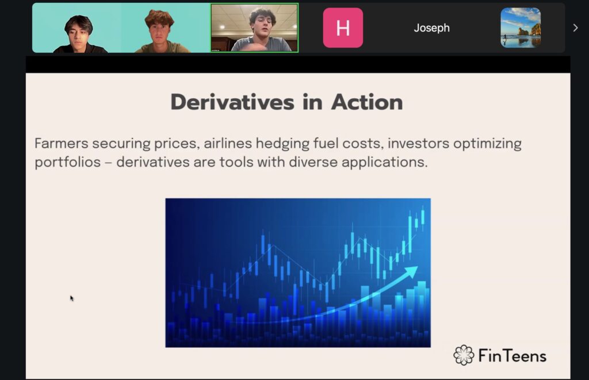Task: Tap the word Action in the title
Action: (367, 102)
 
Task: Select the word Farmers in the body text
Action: (61, 144)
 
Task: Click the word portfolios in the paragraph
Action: (68, 163)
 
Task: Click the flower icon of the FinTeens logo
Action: (464, 355)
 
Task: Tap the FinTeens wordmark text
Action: (512, 356)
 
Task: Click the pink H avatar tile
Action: (343, 28)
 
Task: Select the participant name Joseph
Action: (431, 28)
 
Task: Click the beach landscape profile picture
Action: (521, 28)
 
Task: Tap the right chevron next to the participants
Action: (575, 28)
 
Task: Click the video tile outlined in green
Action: (254, 28)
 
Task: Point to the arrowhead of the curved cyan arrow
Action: (412, 271)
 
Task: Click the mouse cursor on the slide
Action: (71, 298)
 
